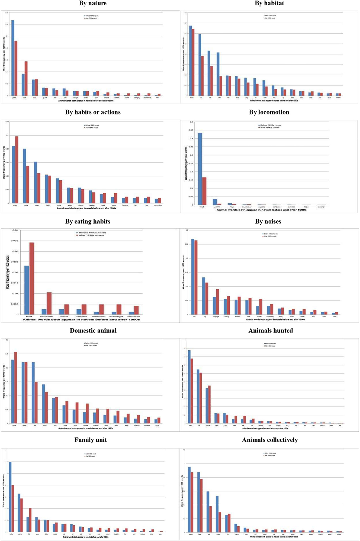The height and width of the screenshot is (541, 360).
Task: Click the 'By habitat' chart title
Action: tap(269, 3)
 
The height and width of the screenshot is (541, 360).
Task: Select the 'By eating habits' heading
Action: tap(88, 222)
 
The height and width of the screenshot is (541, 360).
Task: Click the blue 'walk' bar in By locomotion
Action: tap(200, 169)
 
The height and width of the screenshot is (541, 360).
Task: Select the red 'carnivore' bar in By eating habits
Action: tap(49, 303)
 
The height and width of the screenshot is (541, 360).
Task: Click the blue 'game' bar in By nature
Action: tap(13, 58)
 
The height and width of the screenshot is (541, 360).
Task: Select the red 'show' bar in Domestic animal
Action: tap(16, 388)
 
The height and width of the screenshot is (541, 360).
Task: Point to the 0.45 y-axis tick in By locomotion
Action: tap(191, 130)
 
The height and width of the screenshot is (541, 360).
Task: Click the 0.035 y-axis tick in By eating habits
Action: tap(15, 241)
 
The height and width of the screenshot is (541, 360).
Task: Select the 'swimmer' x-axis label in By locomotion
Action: tap(247, 207)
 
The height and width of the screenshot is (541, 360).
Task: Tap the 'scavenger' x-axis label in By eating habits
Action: tap(116, 316)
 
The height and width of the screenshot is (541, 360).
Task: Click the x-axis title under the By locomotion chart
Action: tap(261, 210)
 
